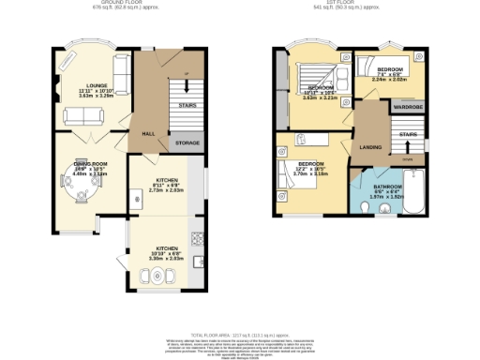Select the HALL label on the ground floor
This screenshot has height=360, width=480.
pyautogui.click(x=148, y=134)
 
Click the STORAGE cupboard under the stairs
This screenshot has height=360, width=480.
pyautogui.click(x=187, y=142)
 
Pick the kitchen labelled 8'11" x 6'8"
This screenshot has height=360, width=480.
pyautogui.click(x=167, y=184)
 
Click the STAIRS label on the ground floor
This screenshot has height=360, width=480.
pyautogui.click(x=187, y=106)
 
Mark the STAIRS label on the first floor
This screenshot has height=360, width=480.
pyautogui.click(x=406, y=136)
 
